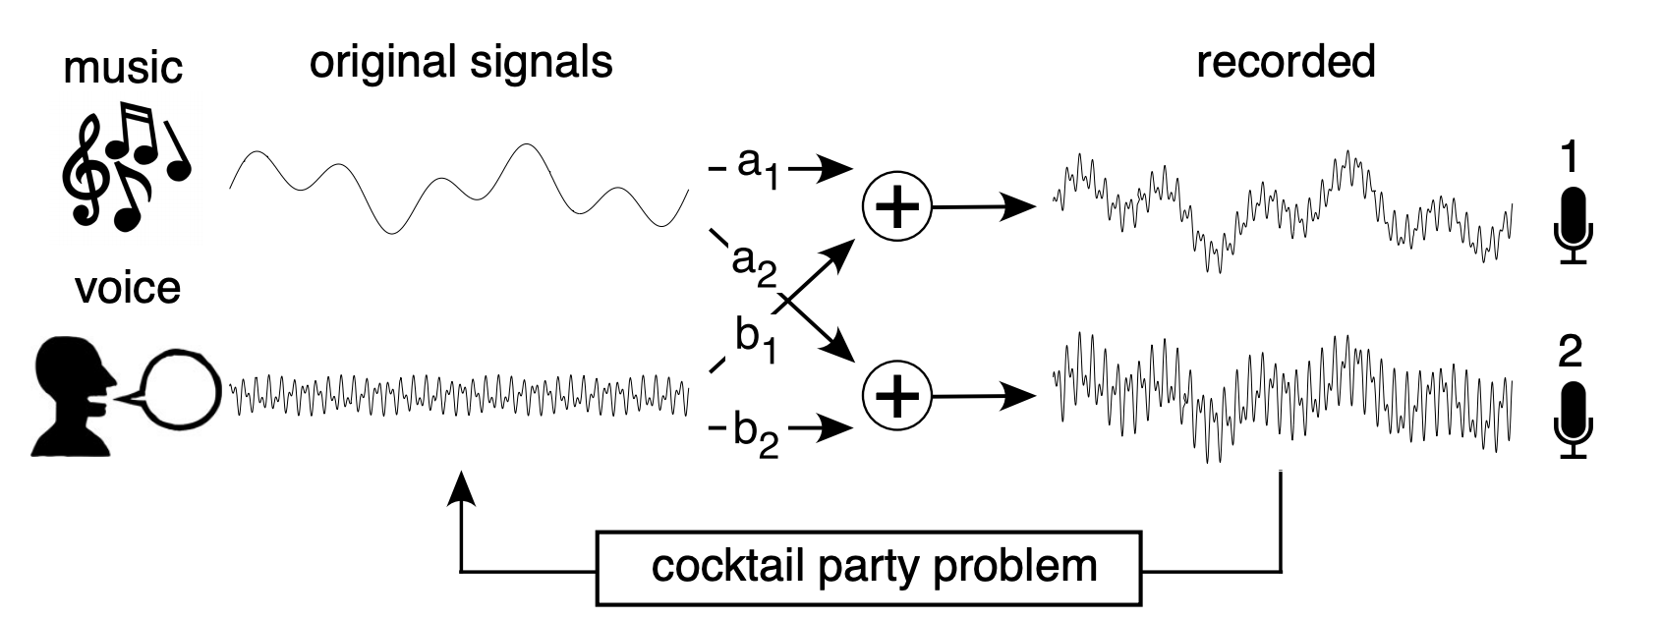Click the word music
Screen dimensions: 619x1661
coord(123,68)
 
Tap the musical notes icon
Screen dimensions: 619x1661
coord(123,167)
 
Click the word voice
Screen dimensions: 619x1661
coord(128,288)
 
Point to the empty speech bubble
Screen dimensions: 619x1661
coord(177,387)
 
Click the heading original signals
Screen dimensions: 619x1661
coord(461,62)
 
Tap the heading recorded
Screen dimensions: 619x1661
coord(1286,62)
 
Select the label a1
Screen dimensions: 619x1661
coord(755,167)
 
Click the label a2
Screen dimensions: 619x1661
coord(754,263)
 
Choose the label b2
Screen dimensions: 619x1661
coord(756,435)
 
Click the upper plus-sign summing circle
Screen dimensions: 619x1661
coord(895,208)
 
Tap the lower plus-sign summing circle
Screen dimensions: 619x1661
coord(895,396)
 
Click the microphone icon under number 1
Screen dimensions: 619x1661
coord(1573,225)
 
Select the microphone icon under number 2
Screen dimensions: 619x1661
coord(1573,420)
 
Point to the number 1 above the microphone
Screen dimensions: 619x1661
coord(1571,157)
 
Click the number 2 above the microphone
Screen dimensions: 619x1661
coord(1571,352)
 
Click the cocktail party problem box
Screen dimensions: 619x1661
coord(870,568)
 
